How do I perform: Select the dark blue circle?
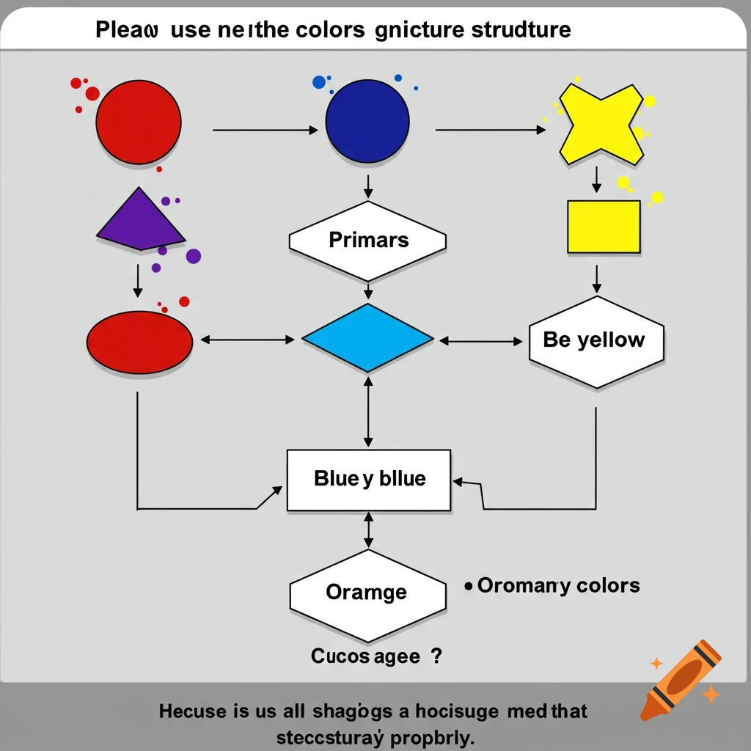367,121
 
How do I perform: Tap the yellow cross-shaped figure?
601,122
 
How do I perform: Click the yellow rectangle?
604,227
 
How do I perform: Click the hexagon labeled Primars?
368,241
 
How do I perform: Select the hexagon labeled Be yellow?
596,341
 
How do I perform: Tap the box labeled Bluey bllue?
368,480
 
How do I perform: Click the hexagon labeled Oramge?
367,593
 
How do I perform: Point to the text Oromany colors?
558,586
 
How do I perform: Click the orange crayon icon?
679,679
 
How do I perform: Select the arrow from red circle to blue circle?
265,131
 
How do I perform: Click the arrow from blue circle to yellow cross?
490,131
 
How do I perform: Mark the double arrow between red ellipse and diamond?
247,340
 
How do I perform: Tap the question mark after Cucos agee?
437,656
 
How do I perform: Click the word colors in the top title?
332,30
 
